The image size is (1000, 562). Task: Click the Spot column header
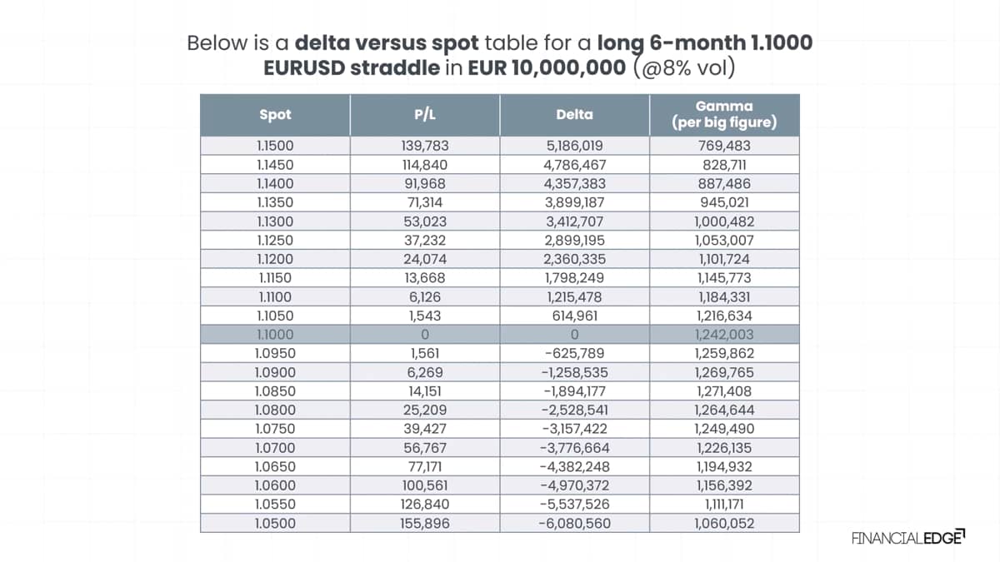(x=275, y=115)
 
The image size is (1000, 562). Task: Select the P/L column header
(x=424, y=115)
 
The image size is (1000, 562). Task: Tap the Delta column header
(x=574, y=115)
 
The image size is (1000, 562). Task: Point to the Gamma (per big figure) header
(x=724, y=114)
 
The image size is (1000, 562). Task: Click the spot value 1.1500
(x=275, y=146)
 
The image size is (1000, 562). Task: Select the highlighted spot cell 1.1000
(x=275, y=335)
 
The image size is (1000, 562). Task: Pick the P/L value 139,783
(x=424, y=146)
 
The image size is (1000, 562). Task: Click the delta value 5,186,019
(x=574, y=146)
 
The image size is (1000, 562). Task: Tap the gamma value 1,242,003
(x=724, y=335)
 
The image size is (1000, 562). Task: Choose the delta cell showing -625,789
(x=574, y=353)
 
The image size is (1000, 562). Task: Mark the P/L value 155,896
(x=424, y=523)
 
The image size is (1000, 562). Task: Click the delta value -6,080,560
(x=574, y=523)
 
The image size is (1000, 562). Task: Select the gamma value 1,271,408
(x=724, y=391)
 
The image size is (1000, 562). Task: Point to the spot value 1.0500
(x=275, y=523)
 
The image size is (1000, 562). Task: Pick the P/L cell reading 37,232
(x=424, y=241)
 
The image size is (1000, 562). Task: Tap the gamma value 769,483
(x=724, y=146)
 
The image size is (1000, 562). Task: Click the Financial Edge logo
(x=908, y=538)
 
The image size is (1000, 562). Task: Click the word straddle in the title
(x=395, y=67)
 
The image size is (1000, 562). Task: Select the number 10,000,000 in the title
(x=568, y=67)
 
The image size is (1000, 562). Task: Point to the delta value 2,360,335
(x=574, y=259)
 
